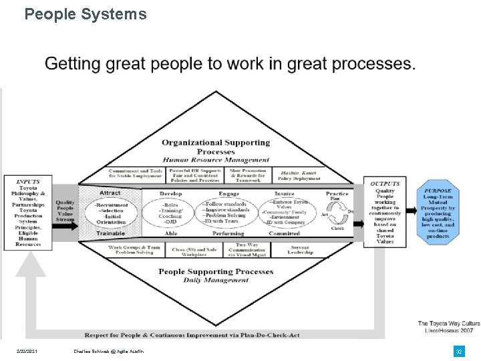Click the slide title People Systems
pos(86,14)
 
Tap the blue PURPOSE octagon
pos(438,212)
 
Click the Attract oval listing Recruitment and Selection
pos(110,213)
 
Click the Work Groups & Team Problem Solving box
pos(134,249)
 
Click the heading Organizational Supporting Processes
pos(216,146)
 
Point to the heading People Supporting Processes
pos(216,271)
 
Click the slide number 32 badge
pos(458,351)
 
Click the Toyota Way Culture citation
pos(448,327)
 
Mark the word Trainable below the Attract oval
pos(110,233)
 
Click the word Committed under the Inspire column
pos(284,233)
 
